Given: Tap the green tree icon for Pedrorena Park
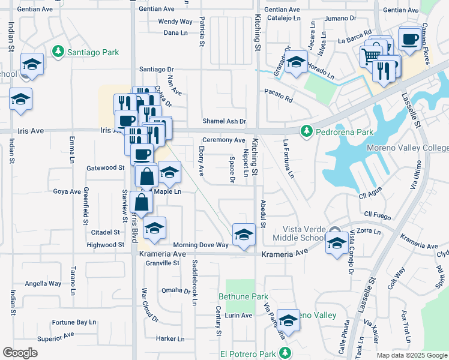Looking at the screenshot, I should (x=306, y=131).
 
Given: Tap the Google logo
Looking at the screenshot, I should (x=20, y=353).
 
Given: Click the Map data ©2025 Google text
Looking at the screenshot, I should (x=411, y=355).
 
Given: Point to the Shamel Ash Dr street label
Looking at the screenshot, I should (x=224, y=121).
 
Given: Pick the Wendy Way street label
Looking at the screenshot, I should (x=175, y=22).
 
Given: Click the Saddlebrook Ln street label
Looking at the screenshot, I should (x=194, y=283).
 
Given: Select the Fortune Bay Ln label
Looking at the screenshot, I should (x=74, y=322).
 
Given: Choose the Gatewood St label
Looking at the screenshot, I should (x=105, y=168).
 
